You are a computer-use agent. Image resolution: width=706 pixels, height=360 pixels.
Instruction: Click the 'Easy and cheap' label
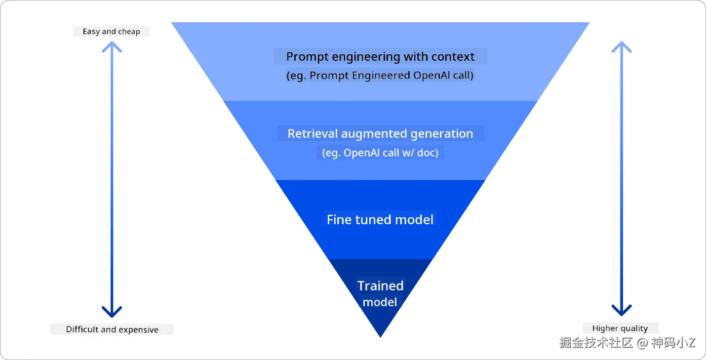111,32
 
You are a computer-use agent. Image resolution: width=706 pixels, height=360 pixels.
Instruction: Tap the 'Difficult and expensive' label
112,330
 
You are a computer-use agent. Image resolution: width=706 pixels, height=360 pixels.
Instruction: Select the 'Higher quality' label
620,328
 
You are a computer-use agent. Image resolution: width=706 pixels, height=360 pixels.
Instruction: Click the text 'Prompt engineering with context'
380,57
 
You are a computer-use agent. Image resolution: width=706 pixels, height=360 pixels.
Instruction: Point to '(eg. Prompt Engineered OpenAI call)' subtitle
380,76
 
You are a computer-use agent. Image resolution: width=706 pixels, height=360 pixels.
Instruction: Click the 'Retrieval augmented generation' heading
380,134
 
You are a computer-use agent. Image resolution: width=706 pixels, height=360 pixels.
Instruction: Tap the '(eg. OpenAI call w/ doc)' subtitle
380,153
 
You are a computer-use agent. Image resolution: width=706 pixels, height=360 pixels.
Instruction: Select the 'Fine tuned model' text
380,220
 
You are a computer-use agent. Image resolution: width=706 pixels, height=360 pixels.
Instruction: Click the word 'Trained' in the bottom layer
380,286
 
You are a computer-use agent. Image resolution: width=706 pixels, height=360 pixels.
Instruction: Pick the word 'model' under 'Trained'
380,302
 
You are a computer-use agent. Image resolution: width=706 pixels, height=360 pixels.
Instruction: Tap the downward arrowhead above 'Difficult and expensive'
112,312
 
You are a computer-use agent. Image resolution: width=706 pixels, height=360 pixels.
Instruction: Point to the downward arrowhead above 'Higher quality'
622,310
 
